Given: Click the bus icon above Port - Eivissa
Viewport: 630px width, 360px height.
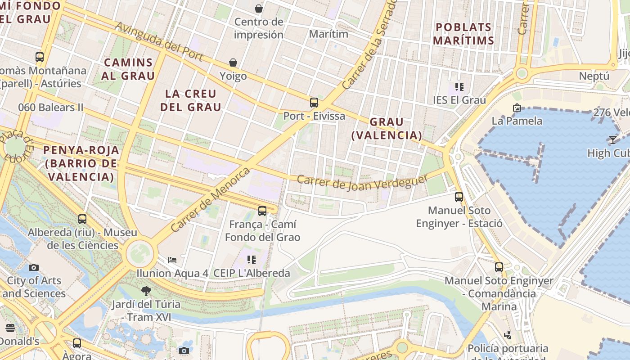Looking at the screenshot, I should pos(314,103).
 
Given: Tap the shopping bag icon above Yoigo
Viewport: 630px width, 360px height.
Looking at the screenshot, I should pos(233,63).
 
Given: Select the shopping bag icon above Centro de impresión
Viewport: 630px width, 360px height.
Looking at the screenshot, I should pos(259,9).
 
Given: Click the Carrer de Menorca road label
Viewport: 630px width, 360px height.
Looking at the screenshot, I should pos(210,199).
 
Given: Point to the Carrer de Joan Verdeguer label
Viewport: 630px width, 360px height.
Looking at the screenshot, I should pos(363,182).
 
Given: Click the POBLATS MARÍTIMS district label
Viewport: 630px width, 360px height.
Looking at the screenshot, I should pos(463,34).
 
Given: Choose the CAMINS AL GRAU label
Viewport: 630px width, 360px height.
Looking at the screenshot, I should pos(128,69).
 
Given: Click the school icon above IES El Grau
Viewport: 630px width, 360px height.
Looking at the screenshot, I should pos(459,86).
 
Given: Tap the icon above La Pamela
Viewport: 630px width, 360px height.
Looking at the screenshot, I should pos(517,108).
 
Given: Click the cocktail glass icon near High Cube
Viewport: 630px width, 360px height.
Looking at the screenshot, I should pos(612,139).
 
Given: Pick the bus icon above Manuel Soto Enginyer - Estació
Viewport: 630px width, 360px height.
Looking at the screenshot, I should pos(459,197).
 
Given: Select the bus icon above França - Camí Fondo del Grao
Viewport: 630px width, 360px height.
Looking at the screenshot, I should pos(262,211).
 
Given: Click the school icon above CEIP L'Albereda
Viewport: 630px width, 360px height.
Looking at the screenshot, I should pos(252,259).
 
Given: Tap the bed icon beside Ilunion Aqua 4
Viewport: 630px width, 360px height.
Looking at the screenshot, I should pos(172,260).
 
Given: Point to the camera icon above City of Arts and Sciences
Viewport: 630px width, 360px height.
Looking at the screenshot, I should pos(34,267).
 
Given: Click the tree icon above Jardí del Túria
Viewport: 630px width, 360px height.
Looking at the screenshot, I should pos(146,291).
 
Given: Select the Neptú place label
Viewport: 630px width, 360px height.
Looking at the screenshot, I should pos(594,76).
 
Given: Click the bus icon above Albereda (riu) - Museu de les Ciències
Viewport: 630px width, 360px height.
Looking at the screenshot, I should pos(82,219).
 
